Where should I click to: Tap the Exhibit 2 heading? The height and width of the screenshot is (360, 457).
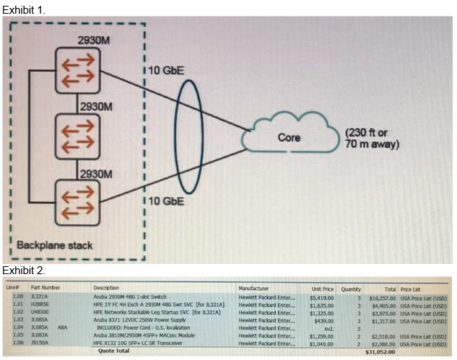click(x=23, y=270)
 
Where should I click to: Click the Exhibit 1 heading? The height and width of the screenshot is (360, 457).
click(x=23, y=7)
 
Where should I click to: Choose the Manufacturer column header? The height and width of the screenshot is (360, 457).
click(x=254, y=289)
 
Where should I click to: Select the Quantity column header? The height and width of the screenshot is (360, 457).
click(x=351, y=289)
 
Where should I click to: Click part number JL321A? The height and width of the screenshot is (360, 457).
click(x=38, y=297)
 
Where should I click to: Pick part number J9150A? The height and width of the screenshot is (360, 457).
click(x=38, y=343)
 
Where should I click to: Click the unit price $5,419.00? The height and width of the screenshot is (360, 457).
click(x=321, y=297)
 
